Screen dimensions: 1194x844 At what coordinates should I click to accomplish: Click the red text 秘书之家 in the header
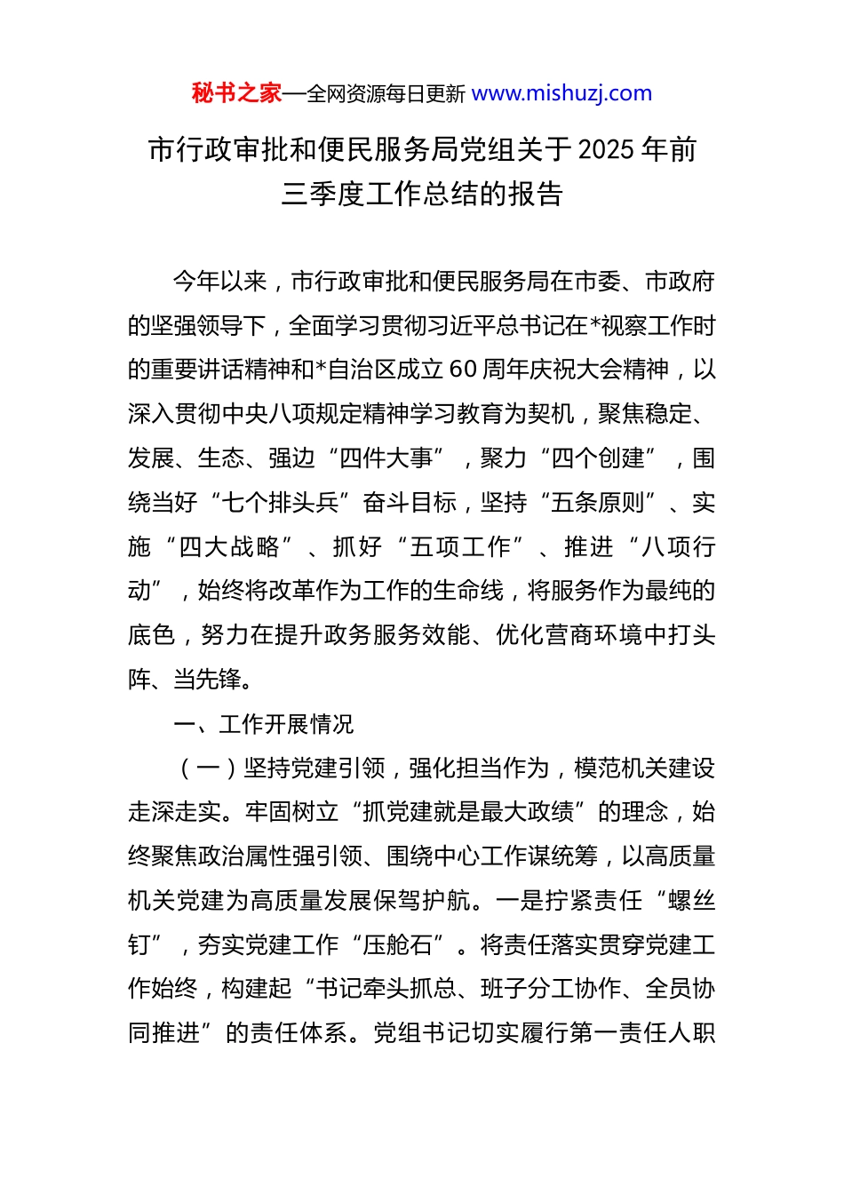[x=236, y=93]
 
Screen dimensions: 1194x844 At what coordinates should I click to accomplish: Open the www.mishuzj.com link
[x=561, y=93]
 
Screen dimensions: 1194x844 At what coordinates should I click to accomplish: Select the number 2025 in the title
[x=606, y=150]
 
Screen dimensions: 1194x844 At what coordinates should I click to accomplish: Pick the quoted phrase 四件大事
[x=386, y=458]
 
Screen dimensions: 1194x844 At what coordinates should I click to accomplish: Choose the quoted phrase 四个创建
[x=598, y=458]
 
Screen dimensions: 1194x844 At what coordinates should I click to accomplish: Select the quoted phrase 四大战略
[x=228, y=547]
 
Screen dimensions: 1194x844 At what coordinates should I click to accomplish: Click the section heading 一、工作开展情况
[x=263, y=724]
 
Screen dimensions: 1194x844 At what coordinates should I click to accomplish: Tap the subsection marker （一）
[x=207, y=768]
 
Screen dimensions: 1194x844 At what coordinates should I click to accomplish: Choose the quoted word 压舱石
[x=397, y=945]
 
